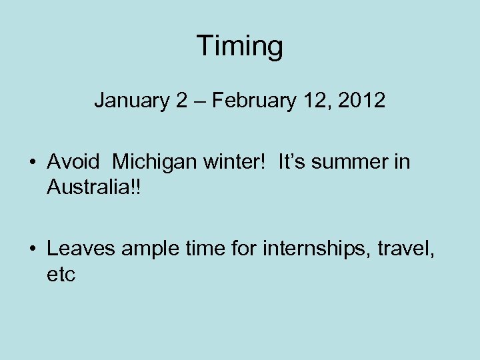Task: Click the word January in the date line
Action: coord(131,101)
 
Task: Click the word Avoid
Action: coord(73,162)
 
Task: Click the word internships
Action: coord(316,249)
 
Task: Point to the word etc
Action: coord(61,274)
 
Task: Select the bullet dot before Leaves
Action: coord(32,250)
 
